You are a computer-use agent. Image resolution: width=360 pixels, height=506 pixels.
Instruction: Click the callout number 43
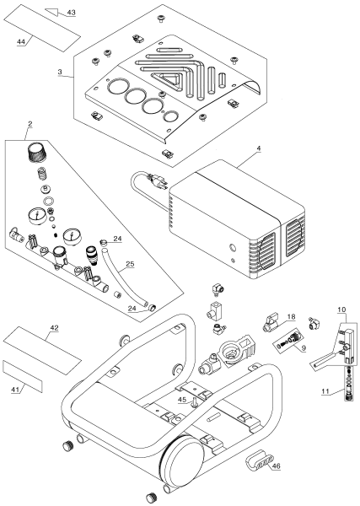(72, 13)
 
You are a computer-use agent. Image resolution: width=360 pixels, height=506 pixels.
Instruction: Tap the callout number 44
(20, 41)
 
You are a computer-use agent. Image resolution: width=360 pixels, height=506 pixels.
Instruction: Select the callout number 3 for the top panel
(60, 72)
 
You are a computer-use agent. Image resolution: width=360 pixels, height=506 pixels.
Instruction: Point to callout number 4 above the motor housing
(259, 148)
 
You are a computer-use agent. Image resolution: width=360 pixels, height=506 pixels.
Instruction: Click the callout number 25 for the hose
(130, 264)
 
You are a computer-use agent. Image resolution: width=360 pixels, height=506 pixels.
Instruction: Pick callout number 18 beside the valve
(292, 317)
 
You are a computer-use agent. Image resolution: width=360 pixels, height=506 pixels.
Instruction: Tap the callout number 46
(277, 466)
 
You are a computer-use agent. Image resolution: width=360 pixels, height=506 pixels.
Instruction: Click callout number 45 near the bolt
(182, 400)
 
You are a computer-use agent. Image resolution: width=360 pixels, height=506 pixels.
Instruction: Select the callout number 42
(54, 327)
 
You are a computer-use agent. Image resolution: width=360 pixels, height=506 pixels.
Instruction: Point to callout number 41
(15, 390)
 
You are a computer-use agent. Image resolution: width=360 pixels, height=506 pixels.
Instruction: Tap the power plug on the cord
(158, 180)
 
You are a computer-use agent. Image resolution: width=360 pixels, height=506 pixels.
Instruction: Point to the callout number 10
(341, 310)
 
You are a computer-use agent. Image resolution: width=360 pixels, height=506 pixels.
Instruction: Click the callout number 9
(304, 348)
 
